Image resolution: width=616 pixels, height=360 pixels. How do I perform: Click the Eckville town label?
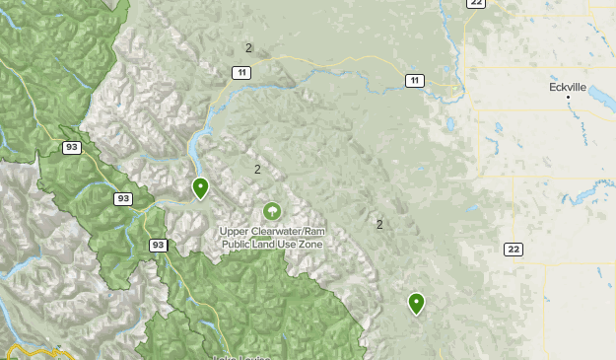pos(568,87)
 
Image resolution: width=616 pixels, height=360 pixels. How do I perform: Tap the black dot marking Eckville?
pos(569,98)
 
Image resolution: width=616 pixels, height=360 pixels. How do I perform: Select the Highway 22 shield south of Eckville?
pos(513,249)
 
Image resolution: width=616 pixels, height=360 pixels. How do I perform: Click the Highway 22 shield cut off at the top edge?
pos(477,4)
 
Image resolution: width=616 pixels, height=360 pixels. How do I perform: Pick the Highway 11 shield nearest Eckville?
pos(414,80)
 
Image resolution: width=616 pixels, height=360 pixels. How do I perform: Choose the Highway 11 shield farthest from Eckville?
pos(241,72)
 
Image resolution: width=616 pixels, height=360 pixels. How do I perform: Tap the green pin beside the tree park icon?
pos(201,187)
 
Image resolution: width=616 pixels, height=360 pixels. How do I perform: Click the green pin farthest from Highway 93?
pos(416,303)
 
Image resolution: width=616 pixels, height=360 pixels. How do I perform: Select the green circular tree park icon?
pos(271,211)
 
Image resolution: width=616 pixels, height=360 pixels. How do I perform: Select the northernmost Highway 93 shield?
pos(71,147)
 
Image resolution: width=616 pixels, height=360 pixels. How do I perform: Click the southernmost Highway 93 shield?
pos(158,244)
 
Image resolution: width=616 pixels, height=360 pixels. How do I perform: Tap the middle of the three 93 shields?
pos(122,198)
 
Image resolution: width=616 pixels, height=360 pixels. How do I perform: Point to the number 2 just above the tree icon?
pos(257,169)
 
